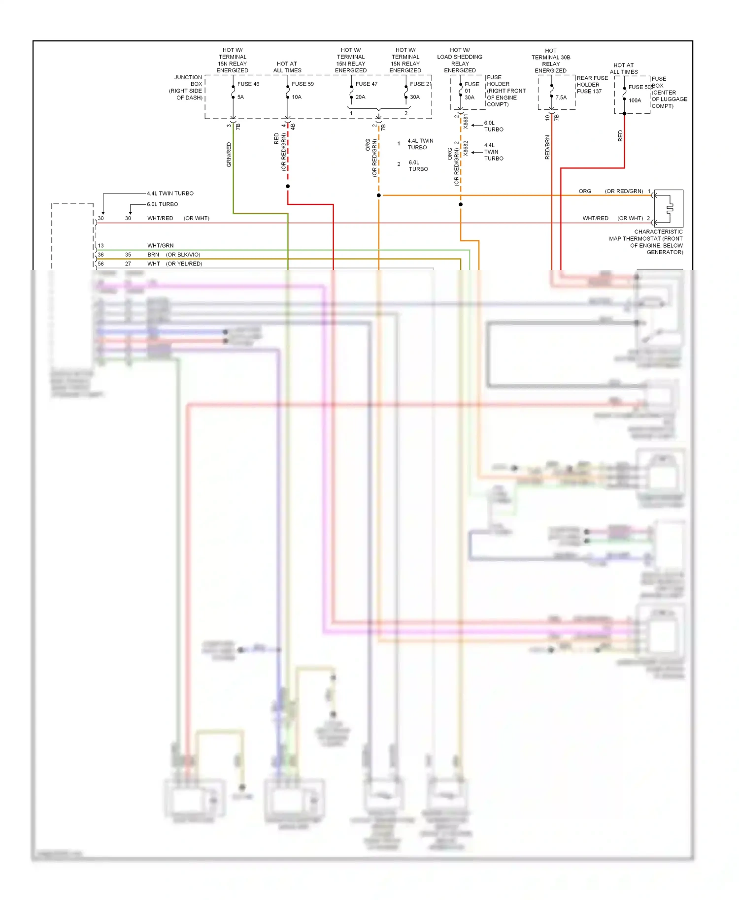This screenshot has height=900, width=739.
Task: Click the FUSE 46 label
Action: click(x=248, y=84)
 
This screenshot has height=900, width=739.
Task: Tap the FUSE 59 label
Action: click(x=302, y=84)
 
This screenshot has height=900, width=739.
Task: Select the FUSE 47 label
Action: click(x=367, y=84)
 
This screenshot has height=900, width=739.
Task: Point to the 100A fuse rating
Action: click(x=635, y=100)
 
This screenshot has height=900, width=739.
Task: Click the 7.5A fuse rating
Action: click(x=561, y=97)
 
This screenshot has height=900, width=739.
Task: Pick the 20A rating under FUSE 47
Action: click(x=361, y=97)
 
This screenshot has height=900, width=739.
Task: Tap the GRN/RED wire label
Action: click(x=229, y=155)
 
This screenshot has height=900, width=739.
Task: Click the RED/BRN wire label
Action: click(x=547, y=147)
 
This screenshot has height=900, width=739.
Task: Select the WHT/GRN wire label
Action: click(x=161, y=246)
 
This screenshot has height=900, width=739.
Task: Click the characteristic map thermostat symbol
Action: click(x=669, y=208)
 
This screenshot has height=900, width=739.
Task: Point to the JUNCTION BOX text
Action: click(x=188, y=81)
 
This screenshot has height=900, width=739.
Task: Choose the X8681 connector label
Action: click(x=466, y=122)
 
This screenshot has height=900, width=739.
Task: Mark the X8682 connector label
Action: click(x=466, y=149)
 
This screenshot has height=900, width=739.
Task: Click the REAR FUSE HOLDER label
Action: click(x=592, y=81)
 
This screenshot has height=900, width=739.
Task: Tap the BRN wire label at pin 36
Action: click(x=153, y=255)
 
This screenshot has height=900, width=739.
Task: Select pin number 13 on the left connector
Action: click(x=101, y=246)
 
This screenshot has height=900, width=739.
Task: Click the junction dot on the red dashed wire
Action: click(x=288, y=186)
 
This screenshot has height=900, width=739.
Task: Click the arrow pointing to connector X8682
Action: click(x=476, y=153)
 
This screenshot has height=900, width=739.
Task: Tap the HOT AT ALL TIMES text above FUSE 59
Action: click(x=287, y=67)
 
